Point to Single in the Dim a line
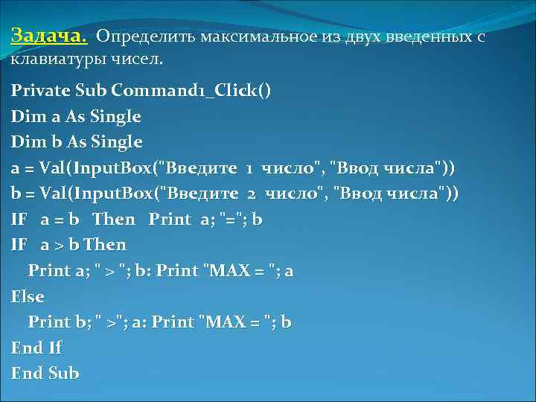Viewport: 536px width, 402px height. (113, 116)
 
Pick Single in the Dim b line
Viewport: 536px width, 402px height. (115, 141)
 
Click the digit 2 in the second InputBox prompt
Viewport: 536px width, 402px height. (251, 194)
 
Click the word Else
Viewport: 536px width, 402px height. (28, 296)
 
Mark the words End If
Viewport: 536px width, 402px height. (36, 348)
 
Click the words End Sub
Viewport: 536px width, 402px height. (45, 373)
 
